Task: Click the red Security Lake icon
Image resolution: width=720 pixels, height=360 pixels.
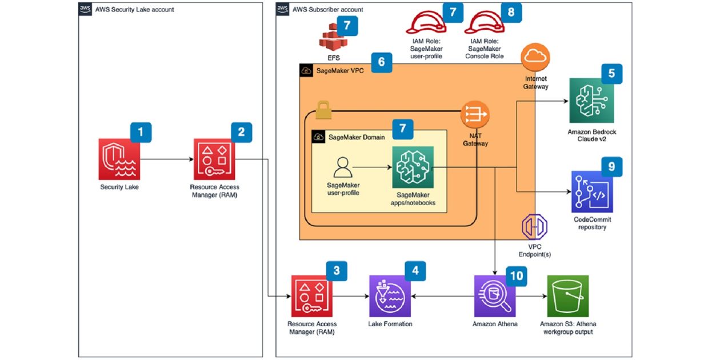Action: [119, 159]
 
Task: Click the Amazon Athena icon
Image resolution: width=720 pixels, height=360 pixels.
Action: [495, 296]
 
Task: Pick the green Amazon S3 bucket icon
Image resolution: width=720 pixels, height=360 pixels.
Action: [567, 296]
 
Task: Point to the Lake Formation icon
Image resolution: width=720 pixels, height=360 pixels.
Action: [390, 296]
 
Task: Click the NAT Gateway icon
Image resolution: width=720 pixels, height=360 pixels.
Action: [475, 115]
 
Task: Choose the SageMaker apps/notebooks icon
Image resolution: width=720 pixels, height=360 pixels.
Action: [413, 167]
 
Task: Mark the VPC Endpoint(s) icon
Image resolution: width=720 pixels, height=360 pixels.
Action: [535, 227]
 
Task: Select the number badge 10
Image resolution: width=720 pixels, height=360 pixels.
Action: [516, 275]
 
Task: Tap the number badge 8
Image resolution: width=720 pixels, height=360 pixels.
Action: [511, 11]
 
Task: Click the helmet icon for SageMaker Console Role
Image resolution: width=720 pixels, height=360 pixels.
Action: [483, 23]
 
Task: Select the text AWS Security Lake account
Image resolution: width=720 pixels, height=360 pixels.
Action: [134, 10]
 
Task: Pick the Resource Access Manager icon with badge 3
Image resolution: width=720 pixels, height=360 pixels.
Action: [311, 296]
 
